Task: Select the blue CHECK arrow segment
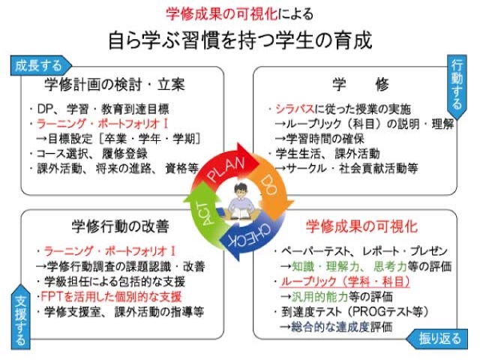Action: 251,235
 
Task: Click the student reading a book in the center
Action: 240,202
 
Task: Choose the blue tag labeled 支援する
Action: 21,317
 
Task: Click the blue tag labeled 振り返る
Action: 437,339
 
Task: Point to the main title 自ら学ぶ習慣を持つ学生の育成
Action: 240,40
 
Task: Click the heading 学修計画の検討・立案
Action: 115,85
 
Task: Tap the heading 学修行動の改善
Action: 120,226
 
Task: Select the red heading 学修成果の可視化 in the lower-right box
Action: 361,226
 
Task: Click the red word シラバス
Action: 295,109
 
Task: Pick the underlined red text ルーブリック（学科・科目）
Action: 345,282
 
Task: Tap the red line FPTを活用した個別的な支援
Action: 111,296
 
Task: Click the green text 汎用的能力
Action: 319,296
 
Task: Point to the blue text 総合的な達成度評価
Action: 342,327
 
